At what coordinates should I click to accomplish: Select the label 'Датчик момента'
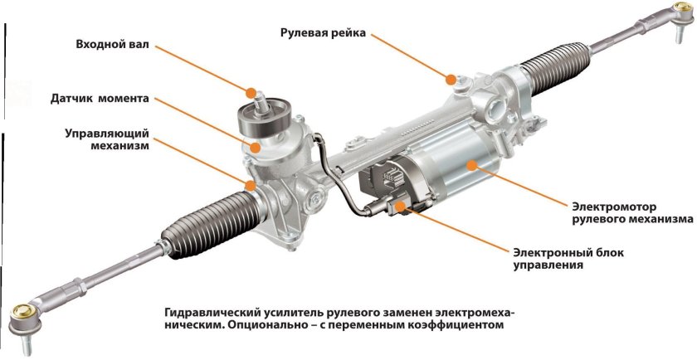(x=100, y=98)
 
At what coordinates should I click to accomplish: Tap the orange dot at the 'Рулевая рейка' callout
(x=451, y=80)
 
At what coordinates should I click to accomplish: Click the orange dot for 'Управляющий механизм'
(x=249, y=182)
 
